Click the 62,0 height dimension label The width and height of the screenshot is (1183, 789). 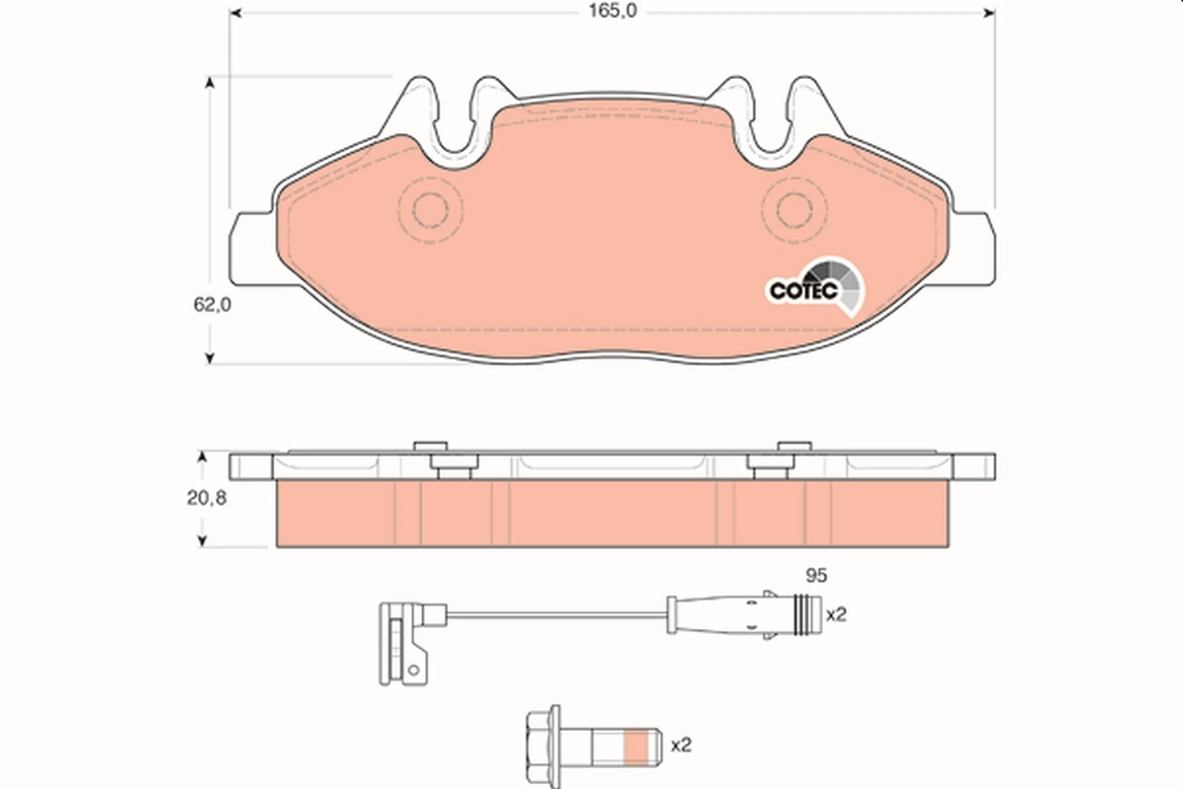click(211, 305)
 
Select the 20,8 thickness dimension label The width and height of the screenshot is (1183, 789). click(208, 498)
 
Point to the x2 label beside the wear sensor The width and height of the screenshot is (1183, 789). click(836, 614)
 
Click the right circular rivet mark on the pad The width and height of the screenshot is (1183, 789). click(791, 209)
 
